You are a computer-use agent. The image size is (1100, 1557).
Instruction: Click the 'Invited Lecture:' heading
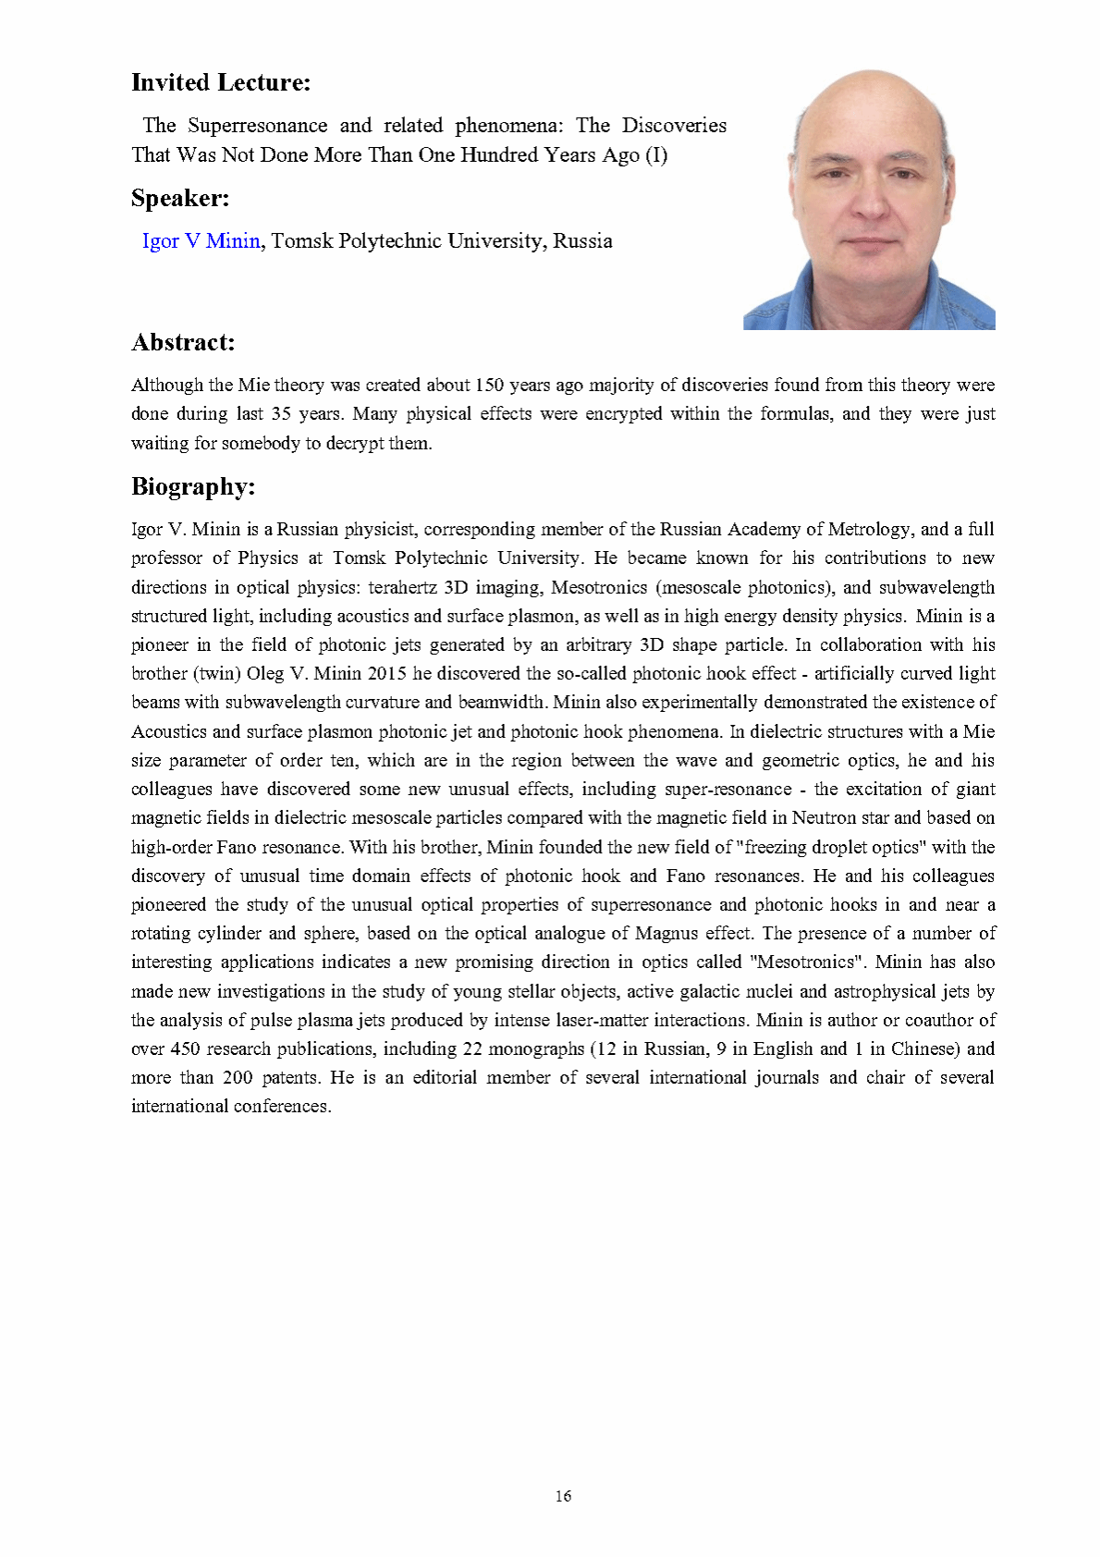tap(220, 82)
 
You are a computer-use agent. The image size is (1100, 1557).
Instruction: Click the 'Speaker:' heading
tap(179, 198)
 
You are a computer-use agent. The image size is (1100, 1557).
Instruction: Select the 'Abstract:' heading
tap(183, 342)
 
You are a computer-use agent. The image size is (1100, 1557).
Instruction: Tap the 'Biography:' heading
tap(192, 486)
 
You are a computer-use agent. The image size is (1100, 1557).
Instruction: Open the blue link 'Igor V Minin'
tap(201, 240)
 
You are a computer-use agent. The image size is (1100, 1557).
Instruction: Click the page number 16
tap(563, 1496)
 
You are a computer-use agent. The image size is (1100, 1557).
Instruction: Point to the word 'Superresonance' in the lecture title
tap(257, 125)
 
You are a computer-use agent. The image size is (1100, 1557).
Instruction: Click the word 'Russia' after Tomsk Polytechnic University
tap(582, 240)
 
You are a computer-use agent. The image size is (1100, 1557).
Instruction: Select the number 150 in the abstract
tap(489, 385)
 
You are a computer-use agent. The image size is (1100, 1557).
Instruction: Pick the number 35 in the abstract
tap(281, 413)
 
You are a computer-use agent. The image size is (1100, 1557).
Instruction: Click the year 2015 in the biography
tap(386, 673)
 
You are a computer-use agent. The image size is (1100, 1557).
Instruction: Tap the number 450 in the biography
tap(185, 1048)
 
